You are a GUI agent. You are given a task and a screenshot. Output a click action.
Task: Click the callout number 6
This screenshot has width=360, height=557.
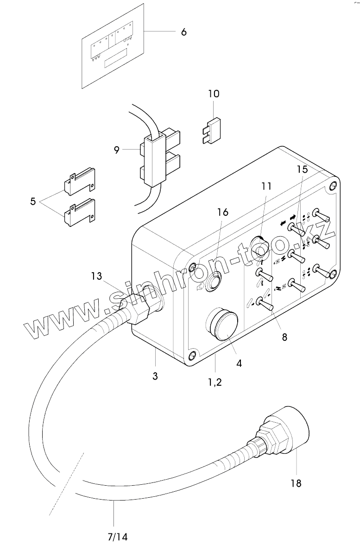coord(183,32)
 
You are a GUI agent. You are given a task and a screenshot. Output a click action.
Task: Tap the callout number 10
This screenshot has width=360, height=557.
coord(214,94)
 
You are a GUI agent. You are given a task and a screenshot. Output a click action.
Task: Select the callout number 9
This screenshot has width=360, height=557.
coord(117,150)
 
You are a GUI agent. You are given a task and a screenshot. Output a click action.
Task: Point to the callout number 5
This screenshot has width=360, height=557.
coord(33,201)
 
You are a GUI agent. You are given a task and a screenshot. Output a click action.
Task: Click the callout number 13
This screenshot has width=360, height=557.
coord(96,276)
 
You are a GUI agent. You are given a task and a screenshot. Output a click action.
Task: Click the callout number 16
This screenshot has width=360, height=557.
coord(223,212)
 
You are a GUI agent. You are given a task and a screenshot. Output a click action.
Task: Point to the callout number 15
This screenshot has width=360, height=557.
coord(302,169)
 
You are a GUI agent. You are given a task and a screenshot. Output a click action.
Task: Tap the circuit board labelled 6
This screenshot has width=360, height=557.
coord(113,46)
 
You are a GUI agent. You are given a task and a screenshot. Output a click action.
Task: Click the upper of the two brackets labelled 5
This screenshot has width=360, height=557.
coord(80,182)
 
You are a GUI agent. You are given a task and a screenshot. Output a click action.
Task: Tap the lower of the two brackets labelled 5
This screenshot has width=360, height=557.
coord(80,213)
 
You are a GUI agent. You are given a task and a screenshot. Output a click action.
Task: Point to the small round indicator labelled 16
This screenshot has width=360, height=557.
coord(215,282)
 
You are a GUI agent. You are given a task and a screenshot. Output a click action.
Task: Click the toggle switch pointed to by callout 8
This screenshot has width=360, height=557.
coord(265,304)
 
